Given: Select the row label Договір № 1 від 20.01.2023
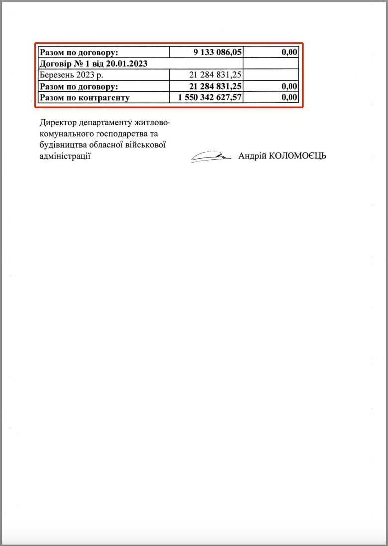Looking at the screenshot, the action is click(x=94, y=64).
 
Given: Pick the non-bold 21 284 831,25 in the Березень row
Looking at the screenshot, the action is click(x=215, y=75).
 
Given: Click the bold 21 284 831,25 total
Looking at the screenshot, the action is click(x=215, y=87).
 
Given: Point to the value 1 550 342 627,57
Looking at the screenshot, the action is click(x=209, y=98).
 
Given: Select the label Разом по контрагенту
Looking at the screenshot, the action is click(x=85, y=98).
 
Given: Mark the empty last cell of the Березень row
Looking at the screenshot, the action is click(x=271, y=75).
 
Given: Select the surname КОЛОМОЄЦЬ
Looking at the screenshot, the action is click(x=297, y=156).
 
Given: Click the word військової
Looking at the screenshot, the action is click(x=145, y=145).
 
